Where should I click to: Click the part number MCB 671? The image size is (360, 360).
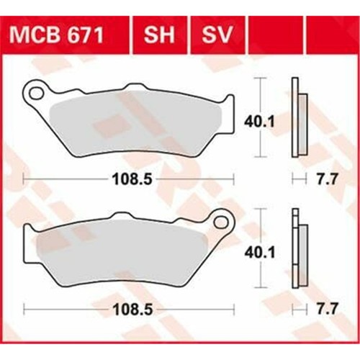pyautogui.click(x=56, y=35)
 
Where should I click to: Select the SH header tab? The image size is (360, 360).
pyautogui.click(x=159, y=35)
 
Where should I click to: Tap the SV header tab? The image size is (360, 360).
pyautogui.click(x=217, y=35)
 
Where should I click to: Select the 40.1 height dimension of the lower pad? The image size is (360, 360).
pyautogui.click(x=259, y=253)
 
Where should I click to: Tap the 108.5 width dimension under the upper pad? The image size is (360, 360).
pyautogui.click(x=132, y=179)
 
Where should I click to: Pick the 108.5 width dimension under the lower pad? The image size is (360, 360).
pyautogui.click(x=132, y=310)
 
